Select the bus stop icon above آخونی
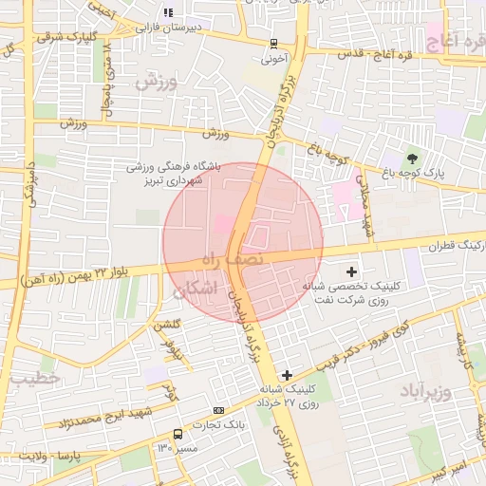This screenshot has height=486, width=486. coord(273,43)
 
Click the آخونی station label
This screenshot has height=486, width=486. coord(273,57)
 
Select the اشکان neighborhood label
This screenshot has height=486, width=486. coord(196,287)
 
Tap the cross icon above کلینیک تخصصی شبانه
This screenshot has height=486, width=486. coord(352,271)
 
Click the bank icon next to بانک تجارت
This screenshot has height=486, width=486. coord(219,410)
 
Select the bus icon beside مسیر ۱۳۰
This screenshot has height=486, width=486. coord(178,433)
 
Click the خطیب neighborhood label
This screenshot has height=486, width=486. coord(36,378)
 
